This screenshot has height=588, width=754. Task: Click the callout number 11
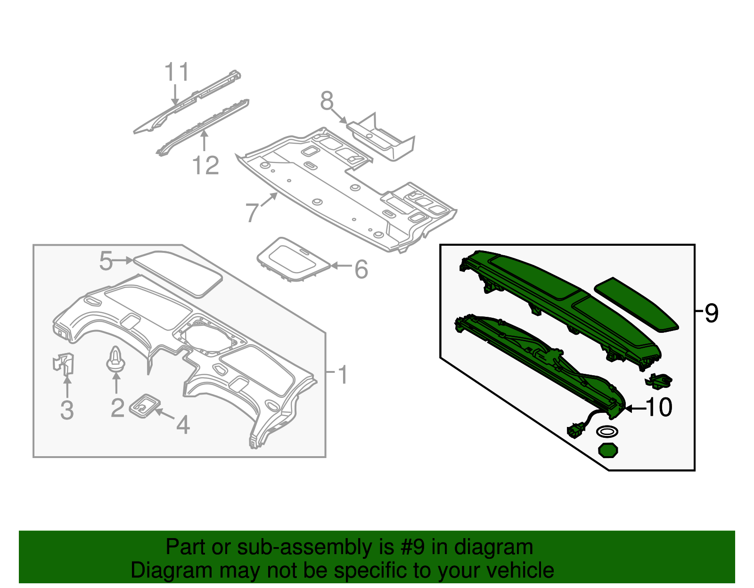[177, 72]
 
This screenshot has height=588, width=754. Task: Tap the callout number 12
[206, 166]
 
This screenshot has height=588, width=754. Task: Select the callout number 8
[327, 101]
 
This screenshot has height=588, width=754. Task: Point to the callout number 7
[253, 213]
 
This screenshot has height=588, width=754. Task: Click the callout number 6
[361, 269]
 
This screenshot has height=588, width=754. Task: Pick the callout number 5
[106, 261]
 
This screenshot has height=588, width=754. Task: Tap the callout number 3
[67, 410]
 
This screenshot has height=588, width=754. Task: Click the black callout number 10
[659, 407]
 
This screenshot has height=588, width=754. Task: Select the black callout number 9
[712, 313]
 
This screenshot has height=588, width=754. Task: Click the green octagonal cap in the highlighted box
[608, 450]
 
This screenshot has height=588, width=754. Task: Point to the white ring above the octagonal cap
[607, 431]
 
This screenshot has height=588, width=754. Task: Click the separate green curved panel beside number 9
[636, 304]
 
